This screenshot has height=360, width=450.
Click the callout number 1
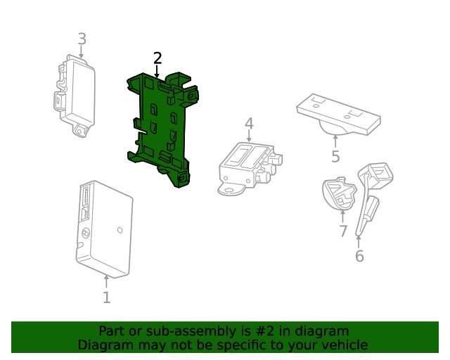coord(106,297)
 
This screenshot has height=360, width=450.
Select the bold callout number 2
coord(157,58)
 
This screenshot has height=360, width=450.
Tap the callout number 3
coord(82,39)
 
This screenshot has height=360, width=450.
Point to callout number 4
coord(249,124)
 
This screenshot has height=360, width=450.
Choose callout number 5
coord(335,156)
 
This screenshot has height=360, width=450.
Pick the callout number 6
coord(359,256)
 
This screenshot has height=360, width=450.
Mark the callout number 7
coord(343,231)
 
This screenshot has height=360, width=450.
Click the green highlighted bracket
coord(160,130)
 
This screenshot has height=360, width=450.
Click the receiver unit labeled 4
coord(250,165)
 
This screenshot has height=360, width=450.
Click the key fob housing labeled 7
coord(339,195)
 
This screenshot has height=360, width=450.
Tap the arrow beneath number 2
coord(157,71)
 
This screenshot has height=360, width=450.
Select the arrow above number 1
coord(106,282)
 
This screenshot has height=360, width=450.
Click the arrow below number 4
coord(249,137)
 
